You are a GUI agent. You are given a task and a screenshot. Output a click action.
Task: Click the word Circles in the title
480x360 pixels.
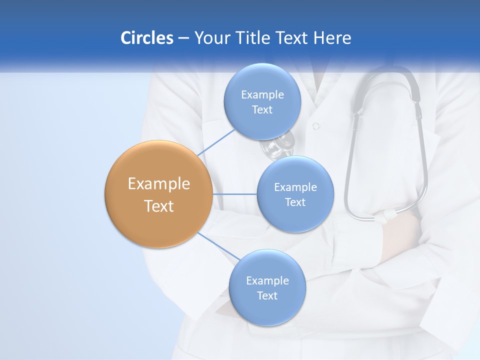point(146,38)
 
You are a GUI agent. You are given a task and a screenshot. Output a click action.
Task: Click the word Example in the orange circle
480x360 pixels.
point(159,184)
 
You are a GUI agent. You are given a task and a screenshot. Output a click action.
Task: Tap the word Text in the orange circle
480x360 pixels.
point(159,206)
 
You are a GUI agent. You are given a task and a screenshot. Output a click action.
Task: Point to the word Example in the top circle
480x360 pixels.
point(262,95)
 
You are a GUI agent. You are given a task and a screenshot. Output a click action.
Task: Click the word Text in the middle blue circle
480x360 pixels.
point(295,202)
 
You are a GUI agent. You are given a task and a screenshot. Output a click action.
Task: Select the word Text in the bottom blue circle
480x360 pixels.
point(267,296)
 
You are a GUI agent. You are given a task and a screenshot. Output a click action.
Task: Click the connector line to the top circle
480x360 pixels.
point(216,142)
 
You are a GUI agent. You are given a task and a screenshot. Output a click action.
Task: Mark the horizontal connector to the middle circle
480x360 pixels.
point(234,194)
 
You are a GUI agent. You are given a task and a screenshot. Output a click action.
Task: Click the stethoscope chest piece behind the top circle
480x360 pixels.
point(278,145)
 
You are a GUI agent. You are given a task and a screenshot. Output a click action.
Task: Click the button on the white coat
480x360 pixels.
point(315,126)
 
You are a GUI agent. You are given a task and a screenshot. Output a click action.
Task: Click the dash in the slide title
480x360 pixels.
point(183,38)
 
